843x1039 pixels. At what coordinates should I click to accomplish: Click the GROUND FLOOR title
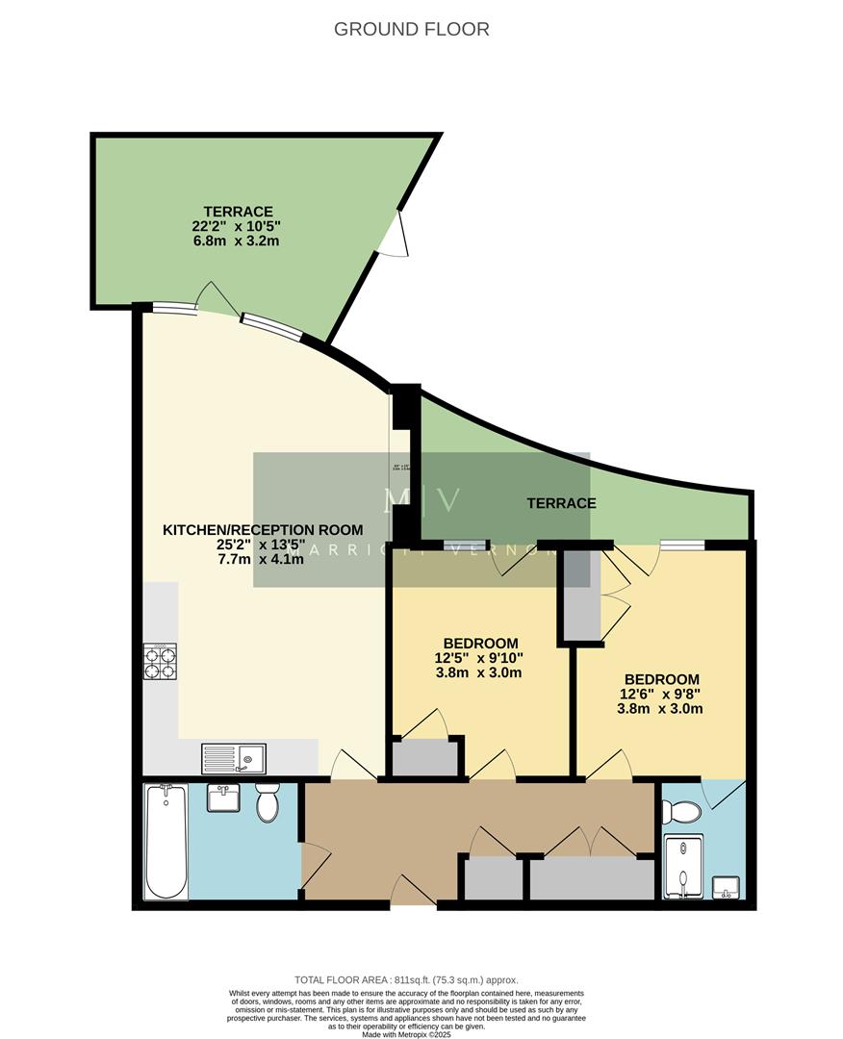411,29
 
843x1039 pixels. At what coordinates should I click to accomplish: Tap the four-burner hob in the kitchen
160,662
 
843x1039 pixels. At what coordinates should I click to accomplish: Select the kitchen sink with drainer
234,759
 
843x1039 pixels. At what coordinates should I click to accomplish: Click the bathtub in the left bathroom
166,841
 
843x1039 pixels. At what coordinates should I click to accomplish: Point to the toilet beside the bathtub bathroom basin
268,802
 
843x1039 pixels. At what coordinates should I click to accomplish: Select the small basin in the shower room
726,886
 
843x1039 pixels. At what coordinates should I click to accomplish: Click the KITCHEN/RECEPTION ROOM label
263,529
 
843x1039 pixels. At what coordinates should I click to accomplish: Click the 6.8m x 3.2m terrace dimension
238,241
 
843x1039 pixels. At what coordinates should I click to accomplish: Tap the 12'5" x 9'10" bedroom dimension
481,658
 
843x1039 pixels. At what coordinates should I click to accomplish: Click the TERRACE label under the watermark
561,502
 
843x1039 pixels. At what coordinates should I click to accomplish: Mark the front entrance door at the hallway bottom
414,892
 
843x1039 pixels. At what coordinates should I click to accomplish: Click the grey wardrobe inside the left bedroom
424,758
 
